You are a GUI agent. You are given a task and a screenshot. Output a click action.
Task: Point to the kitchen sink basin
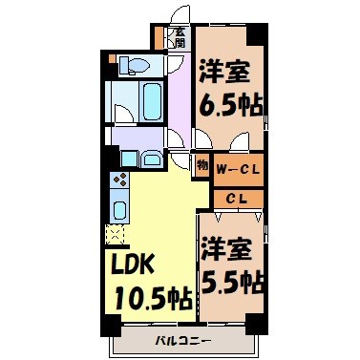(x=120, y=209)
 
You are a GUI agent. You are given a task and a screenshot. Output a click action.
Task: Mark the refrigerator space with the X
(x=116, y=232)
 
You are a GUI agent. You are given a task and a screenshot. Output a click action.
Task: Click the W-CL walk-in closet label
(x=238, y=170)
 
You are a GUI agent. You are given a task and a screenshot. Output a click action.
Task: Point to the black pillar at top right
(x=257, y=32)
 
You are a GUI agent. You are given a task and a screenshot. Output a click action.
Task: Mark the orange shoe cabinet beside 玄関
(x=159, y=40)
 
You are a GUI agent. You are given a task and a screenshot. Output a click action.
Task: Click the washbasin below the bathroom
(x=150, y=159)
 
